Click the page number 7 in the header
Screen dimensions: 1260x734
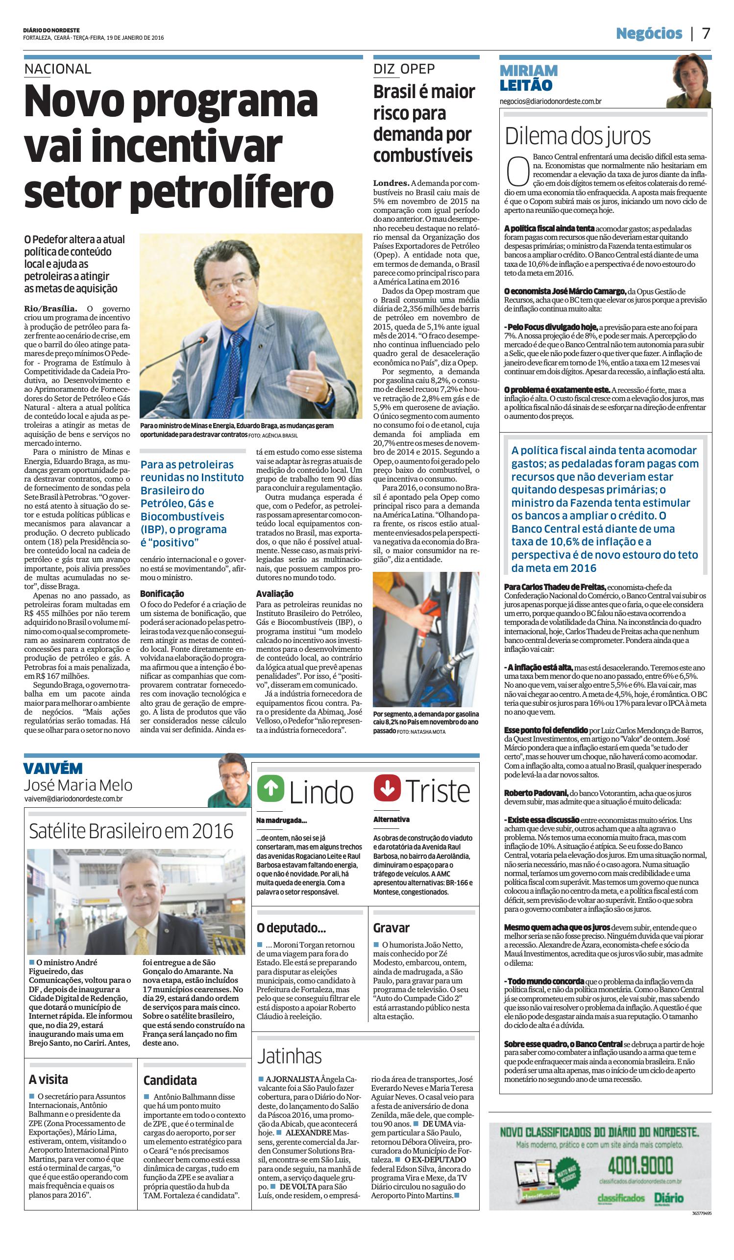(706, 33)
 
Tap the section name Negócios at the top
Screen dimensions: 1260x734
(649, 33)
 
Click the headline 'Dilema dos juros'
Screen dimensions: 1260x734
(578, 136)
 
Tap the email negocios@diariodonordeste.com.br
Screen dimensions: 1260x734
(550, 101)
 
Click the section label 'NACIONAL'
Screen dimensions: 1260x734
(58, 69)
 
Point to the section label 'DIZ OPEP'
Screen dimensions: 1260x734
(404, 69)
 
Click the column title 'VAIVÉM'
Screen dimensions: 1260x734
(53, 769)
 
